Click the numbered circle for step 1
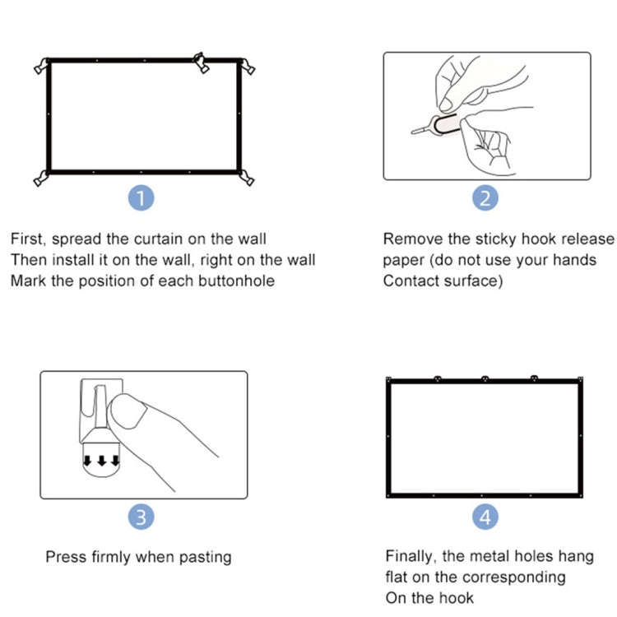tap(143, 198)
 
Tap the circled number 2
tap(485, 198)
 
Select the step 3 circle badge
tap(143, 517)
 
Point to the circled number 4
tap(485, 517)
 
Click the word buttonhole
tap(234, 281)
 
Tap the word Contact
tap(411, 281)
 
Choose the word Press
tap(65, 557)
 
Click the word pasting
tap(204, 558)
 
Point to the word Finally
tap(412, 556)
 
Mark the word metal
tap(494, 556)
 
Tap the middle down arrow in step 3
tap(102, 459)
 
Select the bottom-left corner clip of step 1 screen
tap(39, 177)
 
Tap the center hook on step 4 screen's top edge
tap(485, 378)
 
